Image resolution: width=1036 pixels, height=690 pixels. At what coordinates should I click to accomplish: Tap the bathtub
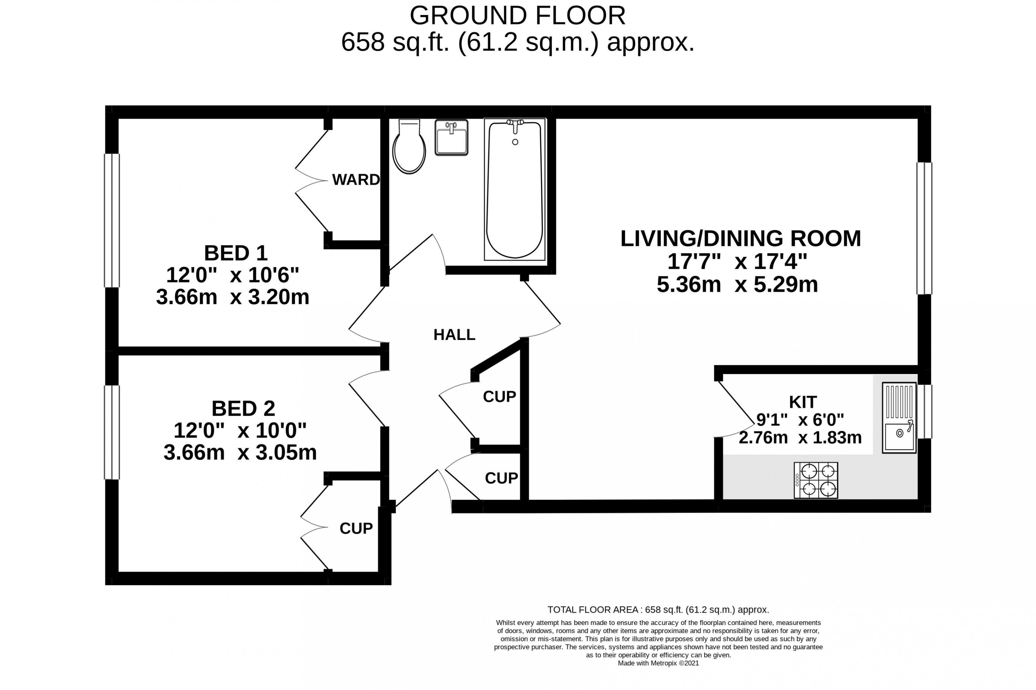515,189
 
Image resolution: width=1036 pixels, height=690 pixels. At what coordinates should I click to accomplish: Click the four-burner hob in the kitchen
816,480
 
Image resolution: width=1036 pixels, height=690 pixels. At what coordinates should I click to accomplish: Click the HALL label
455,335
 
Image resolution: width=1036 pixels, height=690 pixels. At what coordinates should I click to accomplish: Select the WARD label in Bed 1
356,180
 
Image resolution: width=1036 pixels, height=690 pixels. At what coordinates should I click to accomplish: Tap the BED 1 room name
236,253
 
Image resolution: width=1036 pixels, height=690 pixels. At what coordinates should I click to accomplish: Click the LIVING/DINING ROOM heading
740,238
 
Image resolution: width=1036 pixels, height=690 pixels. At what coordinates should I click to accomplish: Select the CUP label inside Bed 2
356,529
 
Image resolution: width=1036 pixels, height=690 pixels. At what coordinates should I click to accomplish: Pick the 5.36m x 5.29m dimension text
737,285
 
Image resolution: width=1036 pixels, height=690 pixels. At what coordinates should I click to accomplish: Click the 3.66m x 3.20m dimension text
233,297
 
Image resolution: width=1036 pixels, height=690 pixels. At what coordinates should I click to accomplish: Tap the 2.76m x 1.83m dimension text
800,438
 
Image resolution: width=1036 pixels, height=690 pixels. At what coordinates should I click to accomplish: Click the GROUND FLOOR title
517,16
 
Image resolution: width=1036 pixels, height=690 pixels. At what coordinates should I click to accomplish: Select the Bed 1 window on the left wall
112,220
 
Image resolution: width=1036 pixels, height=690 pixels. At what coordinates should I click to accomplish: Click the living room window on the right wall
924,228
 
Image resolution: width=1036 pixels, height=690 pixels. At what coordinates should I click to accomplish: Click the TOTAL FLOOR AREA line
658,610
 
